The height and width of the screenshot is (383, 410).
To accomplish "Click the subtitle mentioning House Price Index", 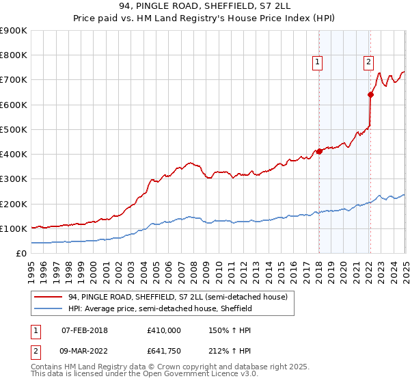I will (205, 20).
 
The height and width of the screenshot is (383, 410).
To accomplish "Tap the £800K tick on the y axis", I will (14, 55).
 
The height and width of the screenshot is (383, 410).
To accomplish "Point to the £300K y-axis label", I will (14, 179).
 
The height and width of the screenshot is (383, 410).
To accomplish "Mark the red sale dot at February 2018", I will (319, 151).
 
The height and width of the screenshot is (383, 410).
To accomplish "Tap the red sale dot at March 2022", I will (370, 94).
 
